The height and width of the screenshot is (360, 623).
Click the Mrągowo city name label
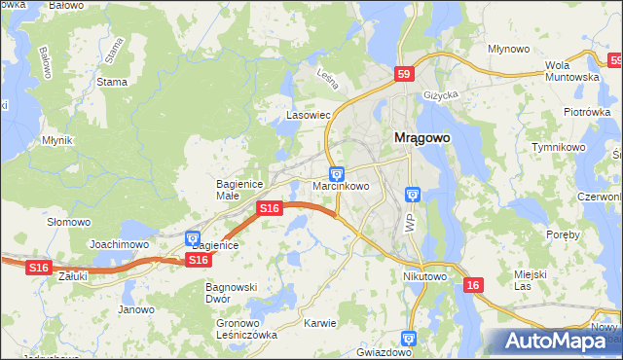point(421,138)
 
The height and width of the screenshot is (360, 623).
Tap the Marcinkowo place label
point(340,185)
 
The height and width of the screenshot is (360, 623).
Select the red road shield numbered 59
point(406,73)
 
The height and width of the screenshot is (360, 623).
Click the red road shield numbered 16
point(473,285)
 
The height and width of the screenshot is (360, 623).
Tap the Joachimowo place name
point(119,244)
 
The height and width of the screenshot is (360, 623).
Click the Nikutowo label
point(424,276)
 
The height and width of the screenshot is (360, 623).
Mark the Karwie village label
point(319,323)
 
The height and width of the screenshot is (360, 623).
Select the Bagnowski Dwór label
point(231,294)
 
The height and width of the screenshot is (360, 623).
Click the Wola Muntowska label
point(570,70)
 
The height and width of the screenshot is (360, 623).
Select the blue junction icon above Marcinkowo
point(337,172)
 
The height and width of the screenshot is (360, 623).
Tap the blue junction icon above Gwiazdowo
point(408,338)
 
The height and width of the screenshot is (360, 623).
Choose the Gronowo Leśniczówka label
point(246,329)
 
